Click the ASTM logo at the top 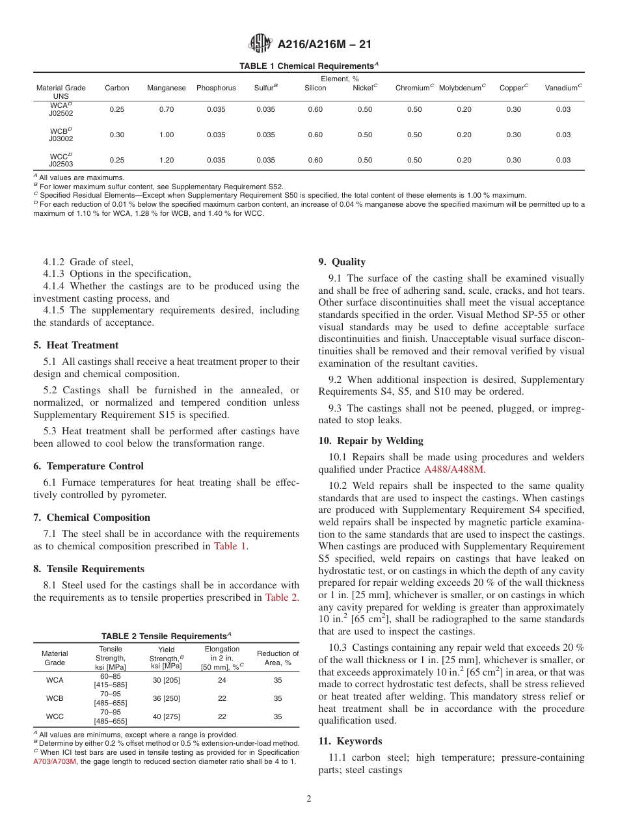pos(260,44)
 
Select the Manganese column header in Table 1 pos(167,88)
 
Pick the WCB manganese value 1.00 pos(167,135)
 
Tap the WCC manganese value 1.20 pos(167,160)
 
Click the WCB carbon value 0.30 pos(117,135)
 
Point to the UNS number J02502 pos(60,113)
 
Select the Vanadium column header pos(563,88)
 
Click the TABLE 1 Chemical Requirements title pos(309,66)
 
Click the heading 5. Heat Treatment pos(76,345)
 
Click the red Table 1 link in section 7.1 pos(230,546)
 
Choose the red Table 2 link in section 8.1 pos(282,597)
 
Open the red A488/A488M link pos(454,469)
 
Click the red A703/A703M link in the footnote pos(55,761)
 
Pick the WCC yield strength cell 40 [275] pos(167,716)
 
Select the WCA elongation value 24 pos(222,680)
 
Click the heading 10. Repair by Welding pos(371,441)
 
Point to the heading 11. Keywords pos(350,741)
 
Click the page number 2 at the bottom pos(309,799)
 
